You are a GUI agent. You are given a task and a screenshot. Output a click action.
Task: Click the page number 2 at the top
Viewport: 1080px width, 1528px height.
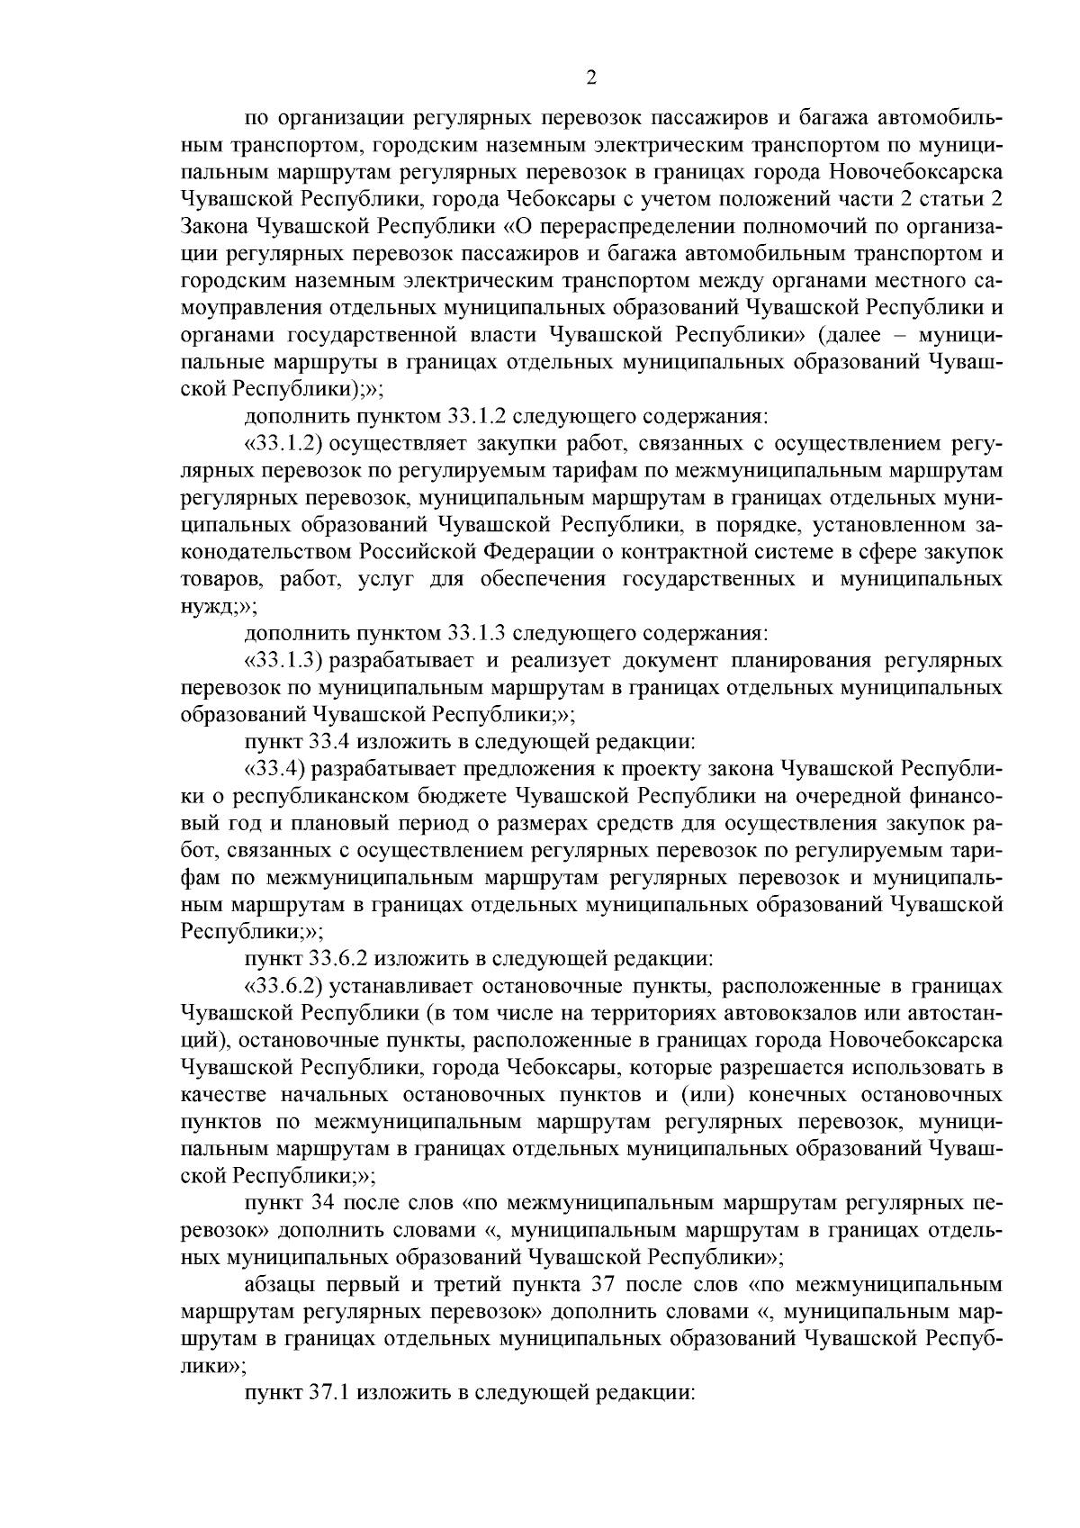click(x=590, y=78)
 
